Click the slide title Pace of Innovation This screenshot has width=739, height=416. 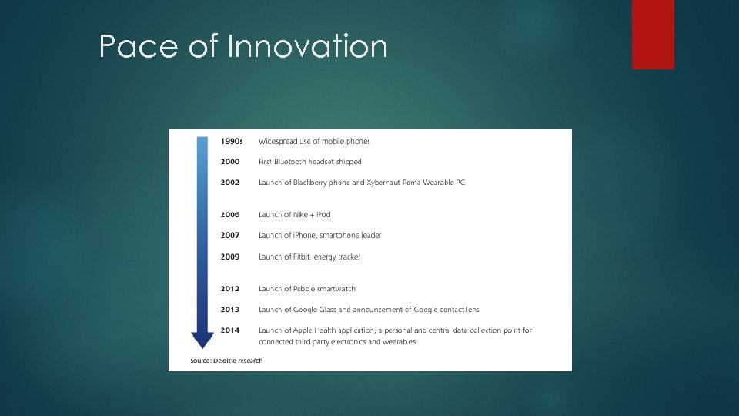pos(243,48)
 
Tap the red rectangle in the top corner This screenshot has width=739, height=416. pos(653,34)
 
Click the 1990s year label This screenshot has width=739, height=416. pos(232,142)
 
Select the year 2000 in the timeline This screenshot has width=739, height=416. pos(230,162)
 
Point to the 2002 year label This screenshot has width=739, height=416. pos(230,183)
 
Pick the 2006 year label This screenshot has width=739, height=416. pos(230,215)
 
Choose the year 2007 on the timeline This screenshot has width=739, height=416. pos(230,236)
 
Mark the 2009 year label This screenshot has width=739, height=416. pos(230,257)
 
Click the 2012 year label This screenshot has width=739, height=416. pos(230,289)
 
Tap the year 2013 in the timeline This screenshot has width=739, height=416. pos(230,310)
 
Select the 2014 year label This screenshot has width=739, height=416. pos(230,330)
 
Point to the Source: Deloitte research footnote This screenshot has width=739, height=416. pos(226,361)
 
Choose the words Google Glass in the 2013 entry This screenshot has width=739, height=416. pos(315,310)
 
